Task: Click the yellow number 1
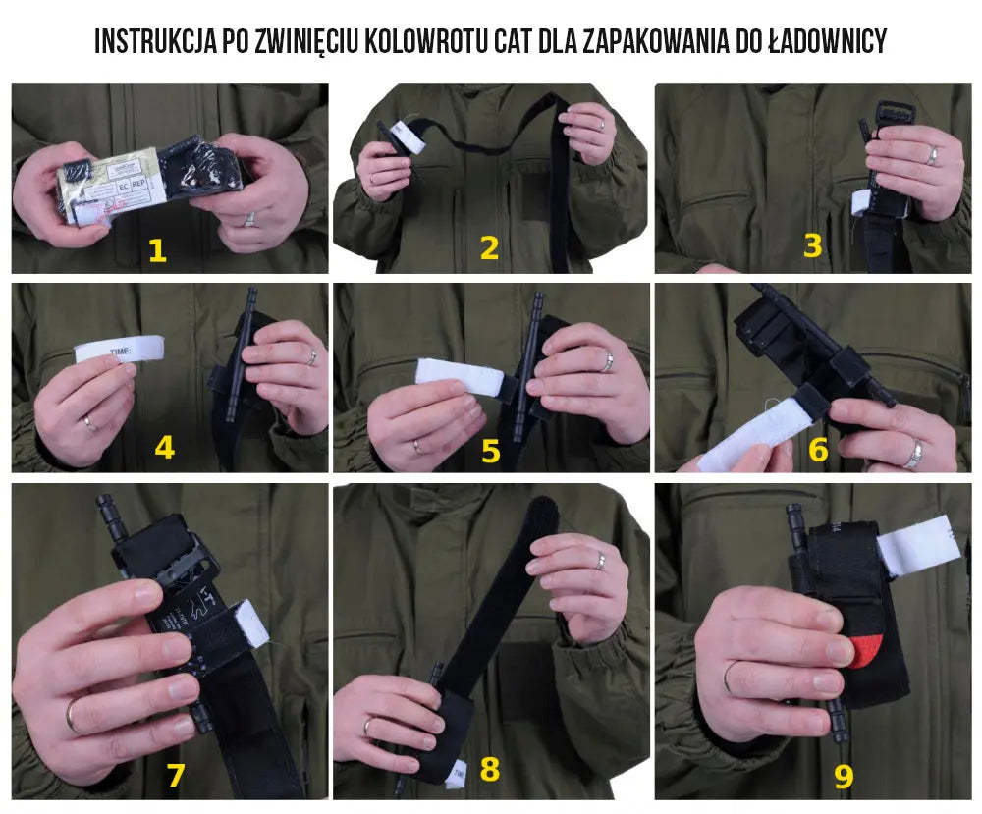click(157, 249)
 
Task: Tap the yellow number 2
click(488, 248)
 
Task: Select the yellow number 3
click(812, 245)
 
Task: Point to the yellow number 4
click(164, 448)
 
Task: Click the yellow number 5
click(490, 451)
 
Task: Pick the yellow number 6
click(818, 450)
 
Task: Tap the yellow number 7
click(175, 775)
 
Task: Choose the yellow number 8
click(489, 769)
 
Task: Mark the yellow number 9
click(843, 776)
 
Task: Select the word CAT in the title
click(511, 41)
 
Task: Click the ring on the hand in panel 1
click(250, 218)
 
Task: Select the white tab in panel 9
click(919, 546)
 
